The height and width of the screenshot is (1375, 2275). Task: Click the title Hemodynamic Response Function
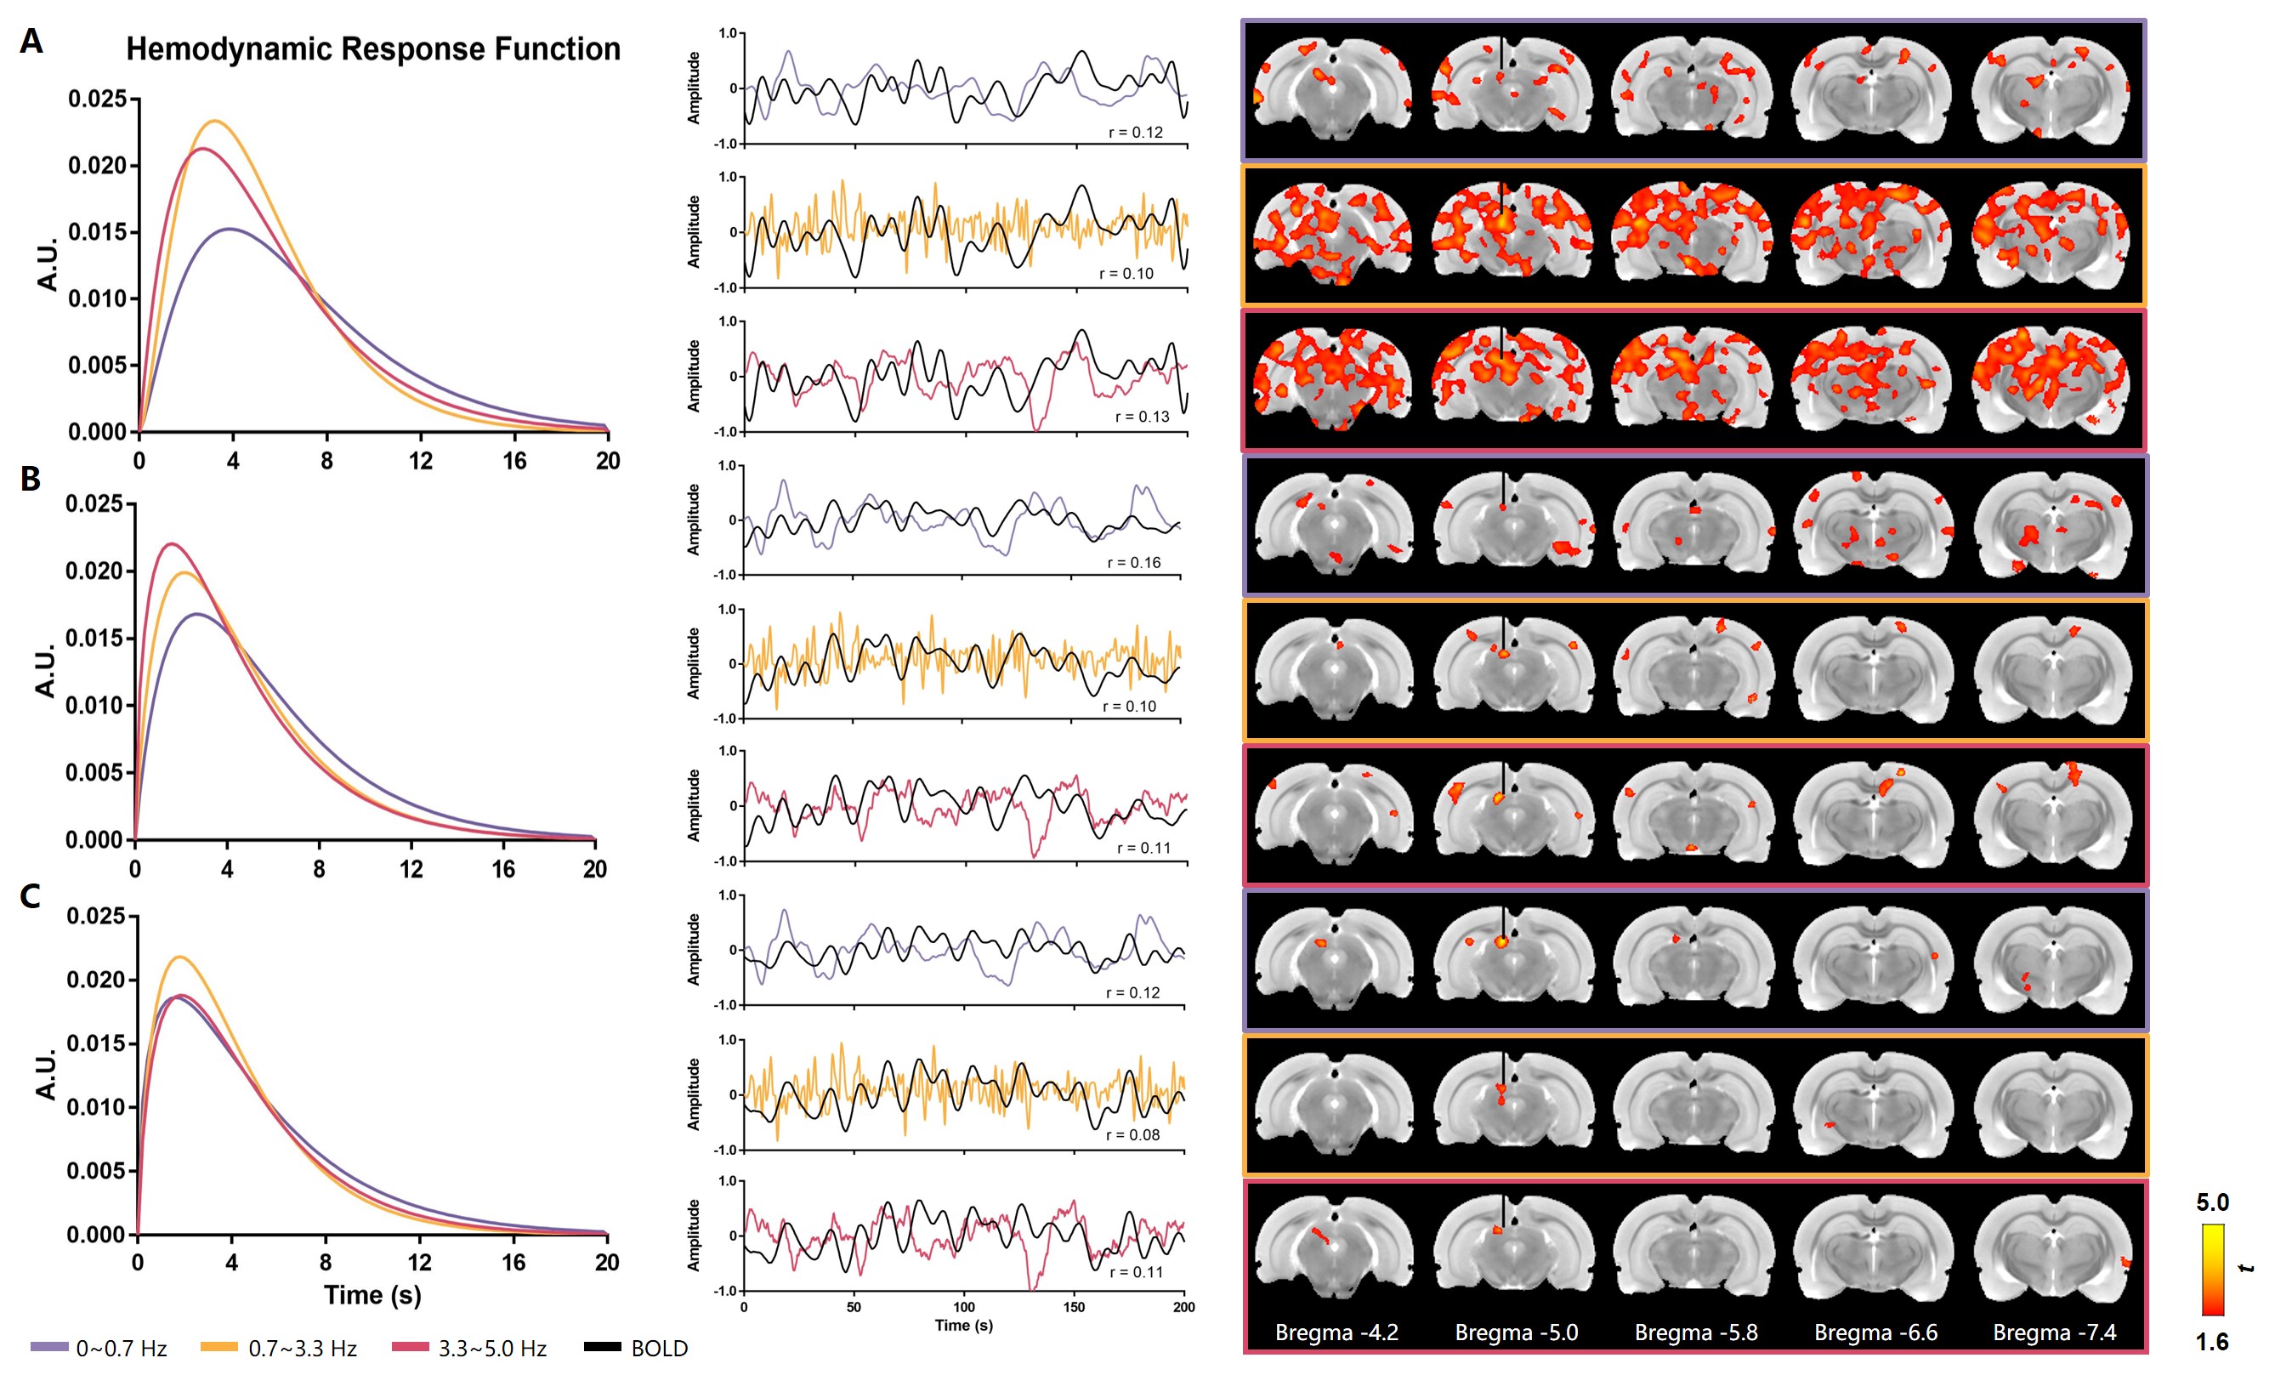pyautogui.click(x=373, y=49)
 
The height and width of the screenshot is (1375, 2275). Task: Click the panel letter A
pyautogui.click(x=31, y=42)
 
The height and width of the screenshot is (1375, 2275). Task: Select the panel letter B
pyautogui.click(x=31, y=479)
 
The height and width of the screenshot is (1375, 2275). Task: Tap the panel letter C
pyautogui.click(x=31, y=896)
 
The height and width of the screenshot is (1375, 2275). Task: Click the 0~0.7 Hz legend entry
pyautogui.click(x=99, y=1349)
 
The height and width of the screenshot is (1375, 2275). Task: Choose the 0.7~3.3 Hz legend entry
pyautogui.click(x=279, y=1349)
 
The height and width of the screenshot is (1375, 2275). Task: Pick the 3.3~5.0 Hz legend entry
pyautogui.click(x=469, y=1349)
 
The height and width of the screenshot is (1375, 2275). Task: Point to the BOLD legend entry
pyautogui.click(x=637, y=1349)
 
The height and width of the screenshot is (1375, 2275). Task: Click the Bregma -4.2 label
pyautogui.click(x=1336, y=1332)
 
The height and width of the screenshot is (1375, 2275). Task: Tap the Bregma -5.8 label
pyautogui.click(x=1695, y=1332)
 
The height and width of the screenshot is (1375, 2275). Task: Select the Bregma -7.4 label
pyautogui.click(x=2054, y=1332)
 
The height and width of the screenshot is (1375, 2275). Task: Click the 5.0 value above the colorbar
pyautogui.click(x=2212, y=1202)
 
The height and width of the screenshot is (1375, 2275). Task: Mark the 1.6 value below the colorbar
pyautogui.click(x=2212, y=1342)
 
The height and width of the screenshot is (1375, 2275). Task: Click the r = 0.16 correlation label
pyautogui.click(x=1134, y=562)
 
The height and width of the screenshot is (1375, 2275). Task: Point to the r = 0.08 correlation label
pyautogui.click(x=1133, y=1135)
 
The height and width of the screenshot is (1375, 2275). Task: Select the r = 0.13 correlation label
pyautogui.click(x=1142, y=417)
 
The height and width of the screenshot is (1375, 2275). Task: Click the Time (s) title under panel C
pyautogui.click(x=372, y=1295)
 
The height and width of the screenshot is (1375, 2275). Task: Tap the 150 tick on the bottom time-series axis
pyautogui.click(x=1074, y=1307)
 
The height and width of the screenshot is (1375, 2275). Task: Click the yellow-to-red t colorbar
pyautogui.click(x=2212, y=1270)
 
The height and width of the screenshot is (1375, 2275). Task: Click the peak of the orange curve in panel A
pyautogui.click(x=215, y=121)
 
